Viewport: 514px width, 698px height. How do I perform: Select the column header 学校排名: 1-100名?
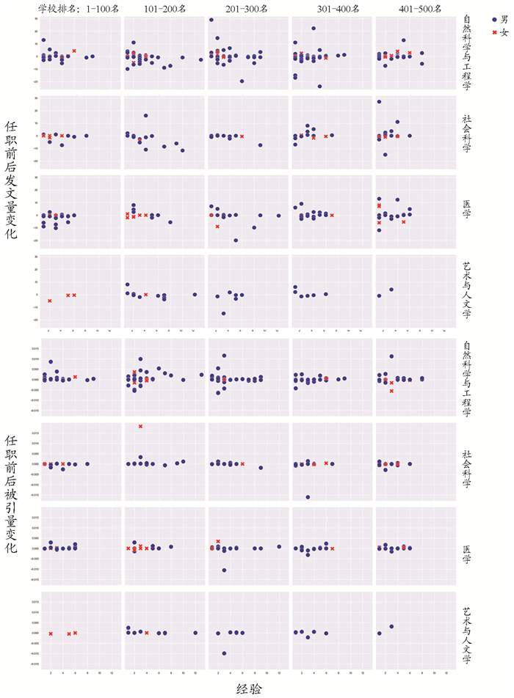(x=76, y=9)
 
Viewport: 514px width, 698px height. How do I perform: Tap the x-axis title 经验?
(x=248, y=688)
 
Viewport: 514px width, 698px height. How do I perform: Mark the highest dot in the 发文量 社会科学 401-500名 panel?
(x=379, y=101)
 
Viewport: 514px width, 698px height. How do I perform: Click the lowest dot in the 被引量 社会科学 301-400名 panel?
(x=308, y=497)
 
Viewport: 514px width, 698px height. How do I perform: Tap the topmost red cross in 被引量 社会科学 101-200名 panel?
(x=140, y=426)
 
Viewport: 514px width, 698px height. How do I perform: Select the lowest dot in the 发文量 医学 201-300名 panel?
(x=236, y=240)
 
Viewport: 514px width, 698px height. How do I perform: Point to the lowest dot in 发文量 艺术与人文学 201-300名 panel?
(x=224, y=313)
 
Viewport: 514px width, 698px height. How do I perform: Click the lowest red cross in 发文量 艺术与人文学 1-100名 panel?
(x=50, y=301)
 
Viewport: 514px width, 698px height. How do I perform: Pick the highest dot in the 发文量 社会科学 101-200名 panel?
(x=146, y=116)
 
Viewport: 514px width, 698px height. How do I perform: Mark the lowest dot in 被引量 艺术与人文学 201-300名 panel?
(x=224, y=653)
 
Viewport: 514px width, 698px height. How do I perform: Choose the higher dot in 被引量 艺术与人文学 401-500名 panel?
(x=391, y=626)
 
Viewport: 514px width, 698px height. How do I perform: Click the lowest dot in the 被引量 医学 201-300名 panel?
(x=224, y=570)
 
